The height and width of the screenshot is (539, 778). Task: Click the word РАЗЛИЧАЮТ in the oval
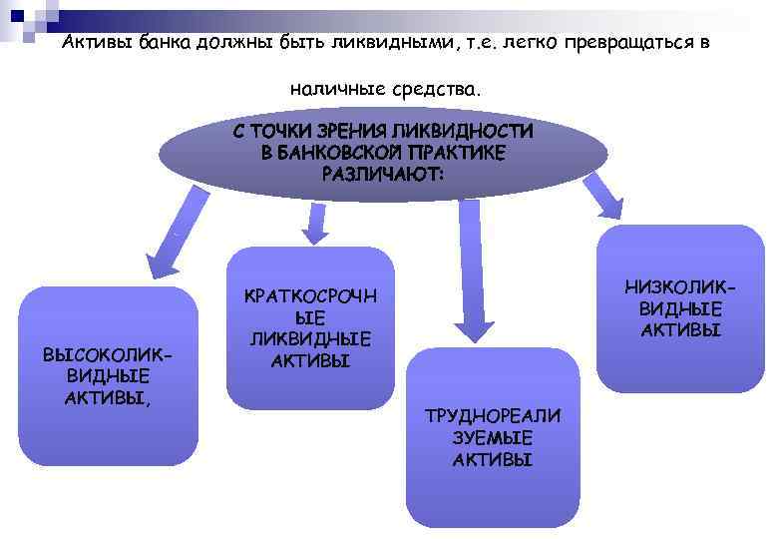[x=383, y=172]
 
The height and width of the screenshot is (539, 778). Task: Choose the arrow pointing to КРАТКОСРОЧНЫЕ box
[x=314, y=222]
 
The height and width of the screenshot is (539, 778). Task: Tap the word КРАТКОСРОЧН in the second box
[x=310, y=298]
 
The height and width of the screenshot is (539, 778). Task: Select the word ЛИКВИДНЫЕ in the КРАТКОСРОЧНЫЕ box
[x=310, y=339]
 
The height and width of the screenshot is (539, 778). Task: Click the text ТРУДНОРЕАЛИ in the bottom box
[x=493, y=416]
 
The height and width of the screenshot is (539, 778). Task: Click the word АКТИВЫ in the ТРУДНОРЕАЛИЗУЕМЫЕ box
[x=493, y=459]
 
